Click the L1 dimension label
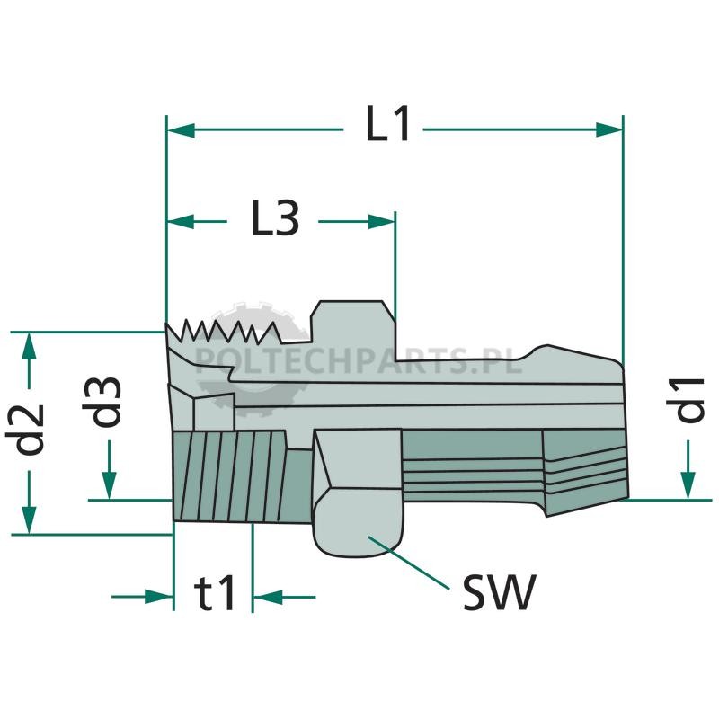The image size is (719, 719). point(387,124)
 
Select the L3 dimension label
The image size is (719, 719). point(275,218)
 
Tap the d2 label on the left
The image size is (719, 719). point(25,430)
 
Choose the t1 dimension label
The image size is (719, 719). point(214,593)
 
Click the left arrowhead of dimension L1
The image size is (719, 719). point(182,129)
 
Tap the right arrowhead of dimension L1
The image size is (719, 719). point(609,129)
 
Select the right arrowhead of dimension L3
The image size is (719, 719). point(381,221)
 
